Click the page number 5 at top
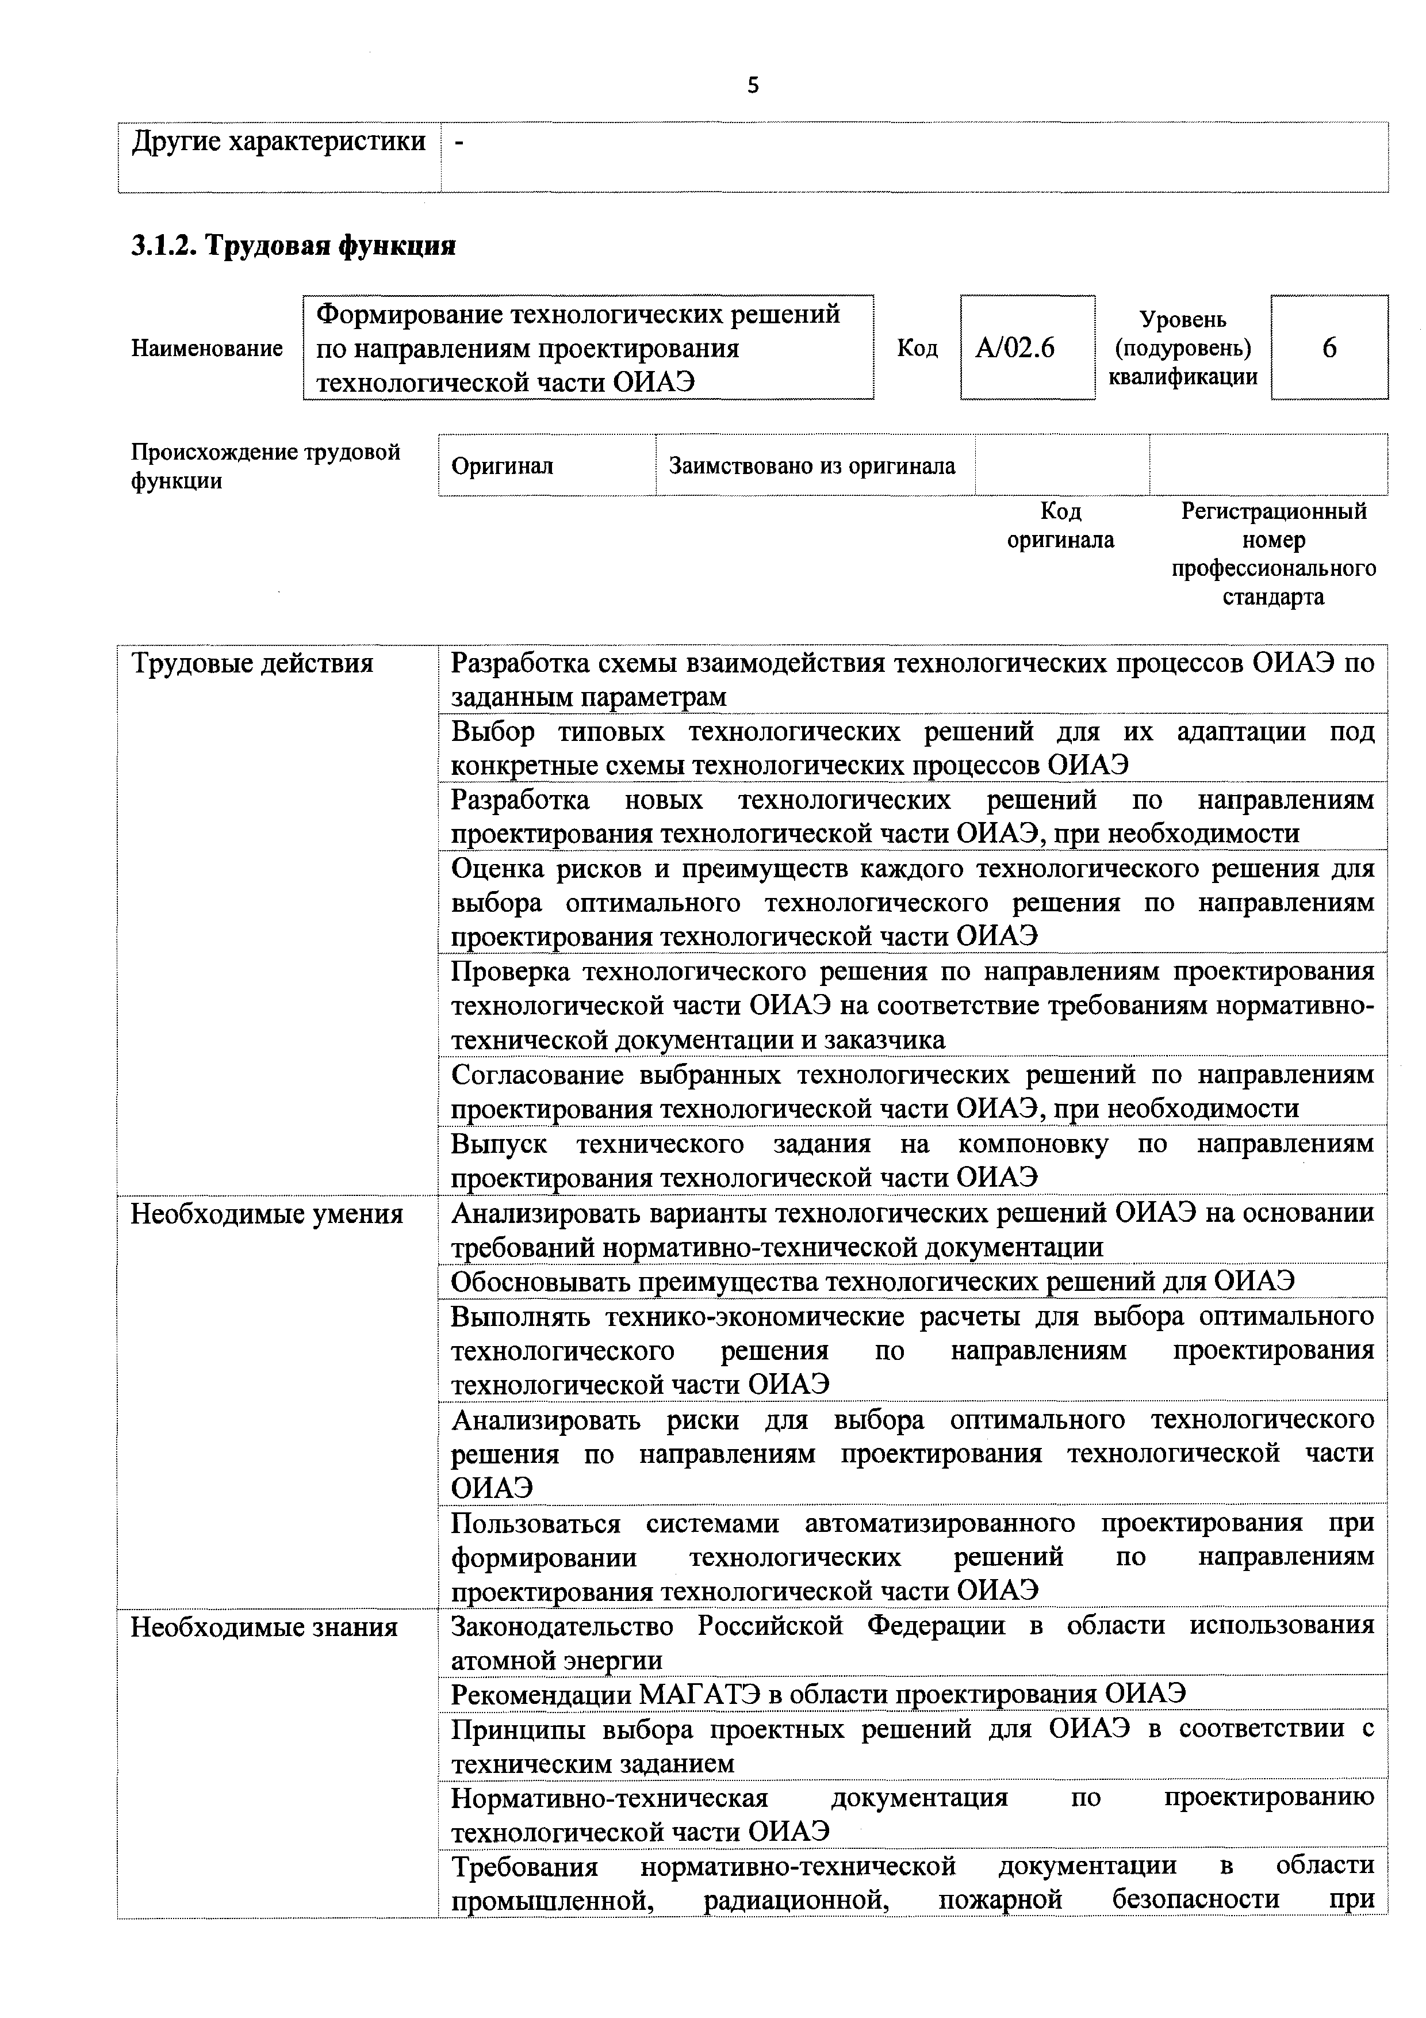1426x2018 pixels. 753,85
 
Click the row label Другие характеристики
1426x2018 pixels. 278,142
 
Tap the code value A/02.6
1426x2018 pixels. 1015,349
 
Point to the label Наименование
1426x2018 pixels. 208,349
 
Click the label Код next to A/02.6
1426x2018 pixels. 917,349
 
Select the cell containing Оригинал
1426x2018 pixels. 503,466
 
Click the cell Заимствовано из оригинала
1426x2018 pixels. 812,466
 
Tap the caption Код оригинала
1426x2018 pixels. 1060,526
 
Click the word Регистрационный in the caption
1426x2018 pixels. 1274,511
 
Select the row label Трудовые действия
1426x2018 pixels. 252,664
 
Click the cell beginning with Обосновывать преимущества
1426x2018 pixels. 872,1282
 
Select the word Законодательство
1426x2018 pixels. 562,1626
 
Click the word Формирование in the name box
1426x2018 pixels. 409,315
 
